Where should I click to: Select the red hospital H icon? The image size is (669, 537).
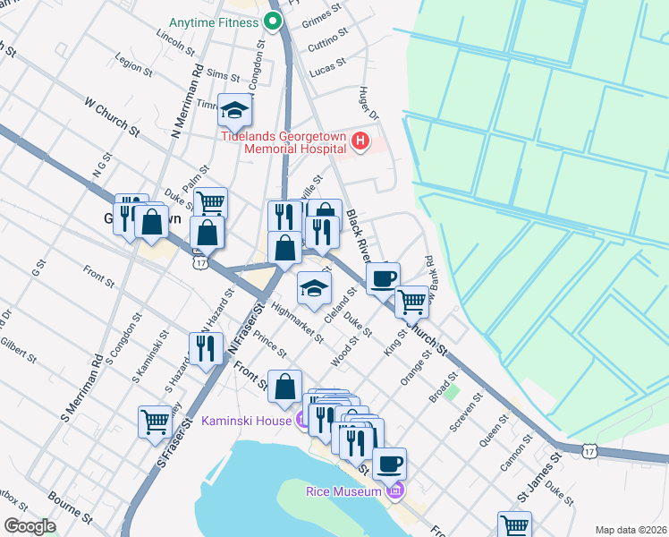coord(360,141)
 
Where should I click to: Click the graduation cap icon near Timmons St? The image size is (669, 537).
coord(235,110)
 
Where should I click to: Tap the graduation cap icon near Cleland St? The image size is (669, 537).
coord(315,287)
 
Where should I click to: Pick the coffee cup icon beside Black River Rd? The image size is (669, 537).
coord(383,278)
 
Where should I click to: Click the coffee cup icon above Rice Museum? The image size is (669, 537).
coord(389,464)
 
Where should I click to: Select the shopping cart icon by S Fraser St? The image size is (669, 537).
coord(155,421)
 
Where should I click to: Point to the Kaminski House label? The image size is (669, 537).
coord(245,421)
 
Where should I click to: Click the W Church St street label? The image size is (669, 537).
coord(113,117)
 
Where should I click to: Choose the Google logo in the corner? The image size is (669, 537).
coord(30,525)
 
